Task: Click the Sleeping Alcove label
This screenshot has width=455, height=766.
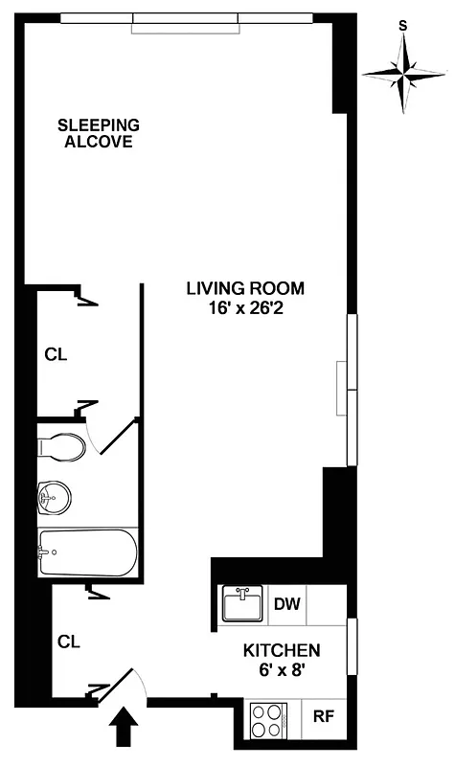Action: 99,133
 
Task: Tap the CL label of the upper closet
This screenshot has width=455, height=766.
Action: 57,353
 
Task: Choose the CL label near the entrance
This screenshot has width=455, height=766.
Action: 66,639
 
